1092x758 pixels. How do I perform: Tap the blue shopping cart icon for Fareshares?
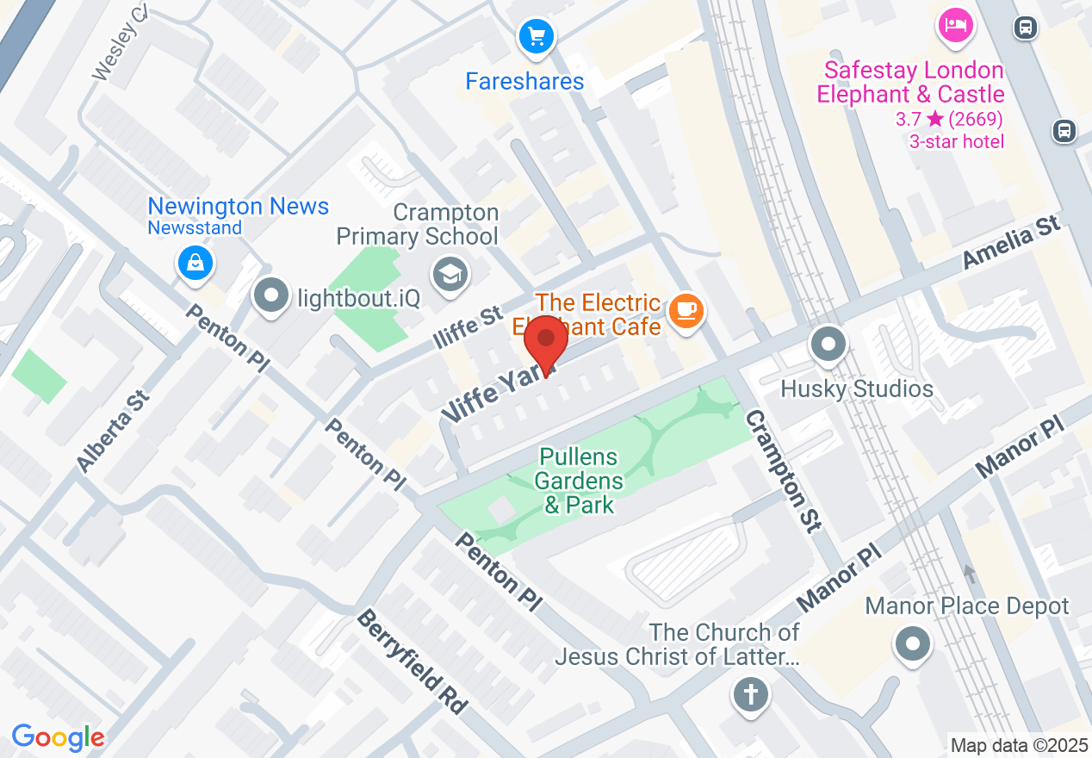coord(537,37)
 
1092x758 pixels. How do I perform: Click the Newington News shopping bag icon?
coord(196,263)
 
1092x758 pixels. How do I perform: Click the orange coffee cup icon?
coord(686,310)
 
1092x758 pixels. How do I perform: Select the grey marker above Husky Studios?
coord(828,345)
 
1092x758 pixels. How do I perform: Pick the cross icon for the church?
coord(750,693)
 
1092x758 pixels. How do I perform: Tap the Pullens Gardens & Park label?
coord(580,481)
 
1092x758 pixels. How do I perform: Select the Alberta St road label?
coord(113,430)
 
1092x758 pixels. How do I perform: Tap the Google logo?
coord(58,737)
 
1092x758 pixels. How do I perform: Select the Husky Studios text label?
coord(856,388)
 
